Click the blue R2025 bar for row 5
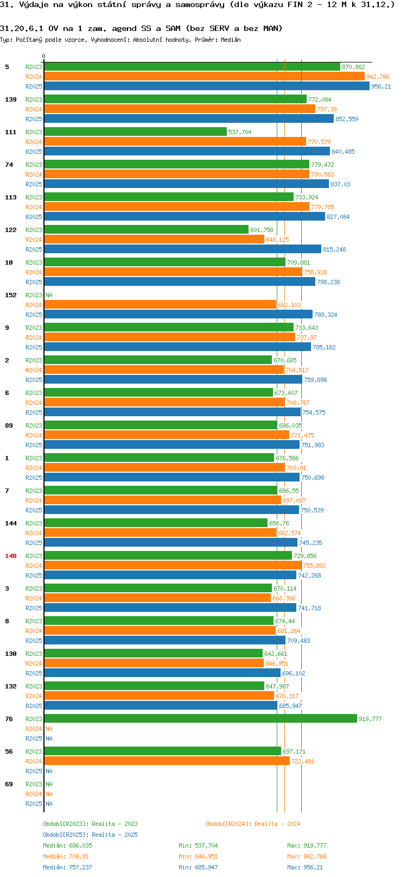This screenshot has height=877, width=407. click(206, 86)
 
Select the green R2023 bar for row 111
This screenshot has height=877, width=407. click(135, 132)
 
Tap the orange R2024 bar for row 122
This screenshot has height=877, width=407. click(154, 240)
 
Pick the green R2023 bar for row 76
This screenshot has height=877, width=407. click(200, 719)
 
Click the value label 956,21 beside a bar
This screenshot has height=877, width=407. click(381, 86)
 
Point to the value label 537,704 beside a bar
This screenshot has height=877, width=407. click(240, 132)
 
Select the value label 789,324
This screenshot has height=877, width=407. click(326, 315)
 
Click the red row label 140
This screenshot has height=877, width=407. click(11, 556)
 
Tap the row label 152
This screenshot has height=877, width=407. click(11, 295)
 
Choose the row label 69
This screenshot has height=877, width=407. click(9, 784)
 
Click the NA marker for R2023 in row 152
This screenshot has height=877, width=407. click(49, 295)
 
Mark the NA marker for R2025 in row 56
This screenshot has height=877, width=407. click(49, 771)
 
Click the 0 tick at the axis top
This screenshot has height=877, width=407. click(44, 57)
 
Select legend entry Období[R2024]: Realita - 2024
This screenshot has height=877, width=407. click(253, 824)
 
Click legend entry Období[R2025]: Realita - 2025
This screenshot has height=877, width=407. click(90, 835)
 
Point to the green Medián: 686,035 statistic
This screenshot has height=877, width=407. click(67, 845)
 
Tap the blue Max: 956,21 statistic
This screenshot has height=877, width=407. click(305, 867)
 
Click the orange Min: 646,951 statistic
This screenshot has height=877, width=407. click(198, 856)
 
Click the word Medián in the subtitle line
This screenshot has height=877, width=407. click(231, 40)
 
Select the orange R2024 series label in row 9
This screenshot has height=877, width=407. click(34, 337)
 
